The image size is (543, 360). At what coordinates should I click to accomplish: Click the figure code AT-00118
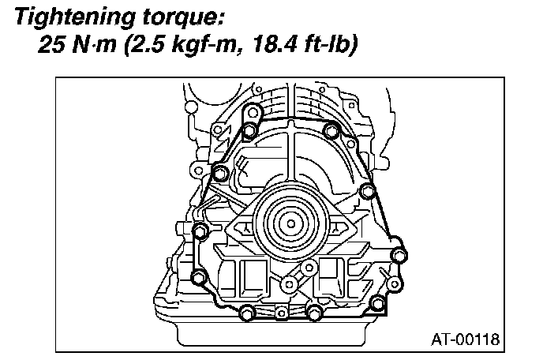(466, 340)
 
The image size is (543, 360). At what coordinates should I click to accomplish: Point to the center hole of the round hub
(290, 223)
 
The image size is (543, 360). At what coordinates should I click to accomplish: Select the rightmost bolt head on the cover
(399, 254)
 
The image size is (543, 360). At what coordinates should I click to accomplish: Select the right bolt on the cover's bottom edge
(316, 314)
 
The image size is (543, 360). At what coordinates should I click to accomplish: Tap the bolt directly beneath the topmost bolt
(249, 130)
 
